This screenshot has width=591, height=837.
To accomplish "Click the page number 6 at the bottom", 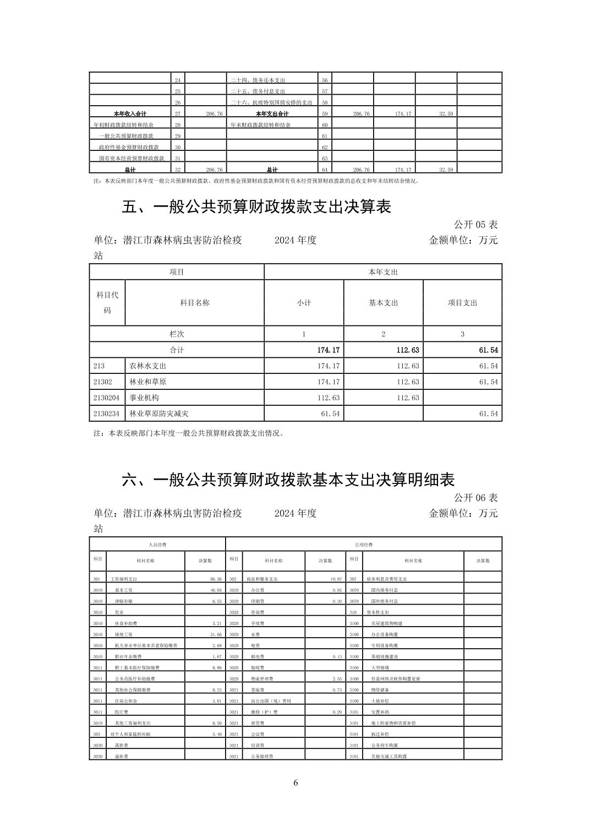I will pos(295,783).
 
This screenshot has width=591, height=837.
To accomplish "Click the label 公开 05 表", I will pos(475,225).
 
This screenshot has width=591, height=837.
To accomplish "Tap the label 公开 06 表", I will pos(475,497).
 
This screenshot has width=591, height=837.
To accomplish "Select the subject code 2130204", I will pos(106,398).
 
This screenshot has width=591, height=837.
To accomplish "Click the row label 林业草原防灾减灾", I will pos(158,414).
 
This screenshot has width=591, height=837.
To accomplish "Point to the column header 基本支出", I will pos(383,303).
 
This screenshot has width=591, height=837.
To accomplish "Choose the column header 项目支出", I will pos(462,303).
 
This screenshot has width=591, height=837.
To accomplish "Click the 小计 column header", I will pos(304,303).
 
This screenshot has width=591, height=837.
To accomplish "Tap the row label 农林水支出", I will pos(147,366).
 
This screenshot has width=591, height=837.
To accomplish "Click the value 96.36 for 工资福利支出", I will pos(215,579).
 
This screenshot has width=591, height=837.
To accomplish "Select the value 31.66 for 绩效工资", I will pos(215,634).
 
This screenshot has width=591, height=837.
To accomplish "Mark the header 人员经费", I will pos(157,545).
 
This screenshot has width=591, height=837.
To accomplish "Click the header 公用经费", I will pos(363,545).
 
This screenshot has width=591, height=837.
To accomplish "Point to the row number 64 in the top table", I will pos(325,170).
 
